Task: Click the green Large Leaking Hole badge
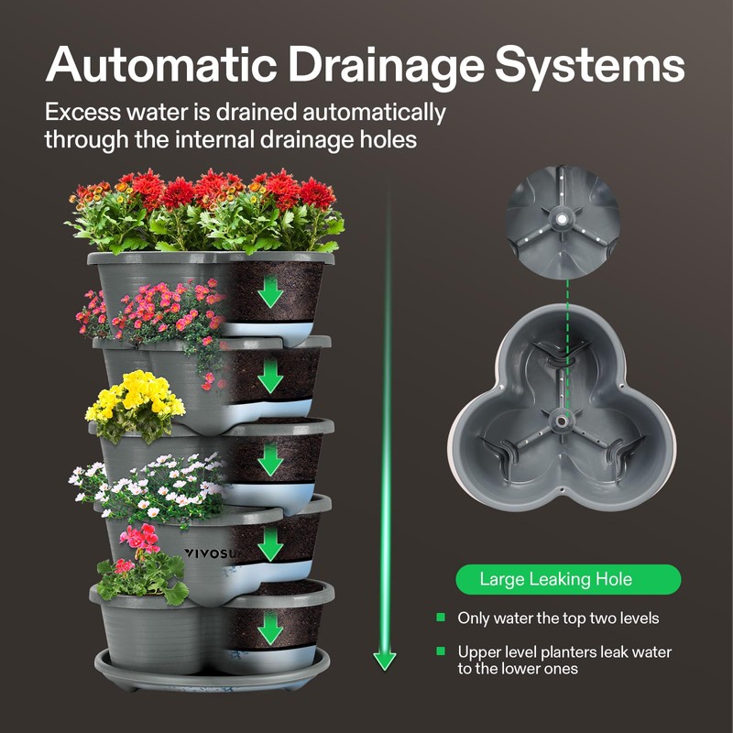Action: [x=568, y=579]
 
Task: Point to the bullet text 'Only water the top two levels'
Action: [x=558, y=618]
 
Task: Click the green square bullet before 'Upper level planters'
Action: [x=441, y=652]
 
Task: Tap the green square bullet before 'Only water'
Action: [x=441, y=618]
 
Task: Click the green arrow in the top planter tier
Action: [x=269, y=291]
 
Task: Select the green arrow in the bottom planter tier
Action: [x=269, y=629]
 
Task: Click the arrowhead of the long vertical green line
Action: [x=385, y=659]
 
